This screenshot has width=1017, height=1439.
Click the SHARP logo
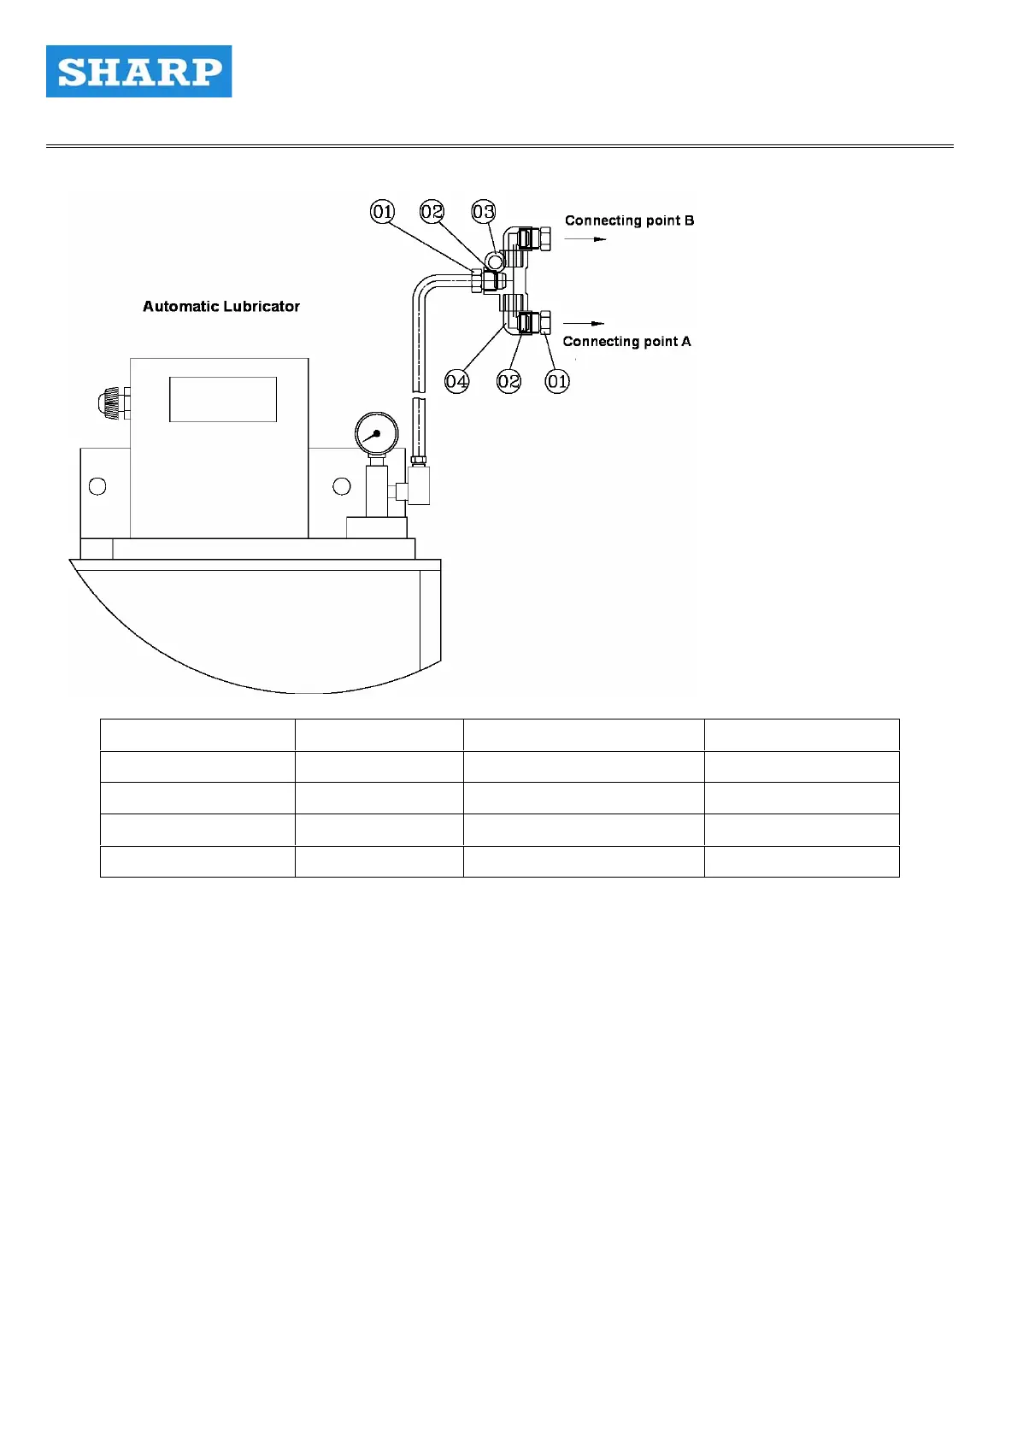click(x=138, y=72)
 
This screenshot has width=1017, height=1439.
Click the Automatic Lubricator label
click(x=221, y=306)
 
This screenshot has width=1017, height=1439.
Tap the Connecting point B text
click(x=629, y=220)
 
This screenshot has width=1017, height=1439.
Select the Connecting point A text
click(x=626, y=341)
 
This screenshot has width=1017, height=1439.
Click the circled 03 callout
click(x=484, y=211)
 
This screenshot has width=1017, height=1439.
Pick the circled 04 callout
click(x=457, y=381)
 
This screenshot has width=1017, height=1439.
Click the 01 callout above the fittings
click(x=382, y=211)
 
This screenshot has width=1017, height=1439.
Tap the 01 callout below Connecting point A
click(x=557, y=381)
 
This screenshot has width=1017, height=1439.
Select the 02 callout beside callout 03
click(x=432, y=211)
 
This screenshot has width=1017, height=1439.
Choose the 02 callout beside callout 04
click(x=508, y=381)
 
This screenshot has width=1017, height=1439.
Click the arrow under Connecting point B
click(x=585, y=239)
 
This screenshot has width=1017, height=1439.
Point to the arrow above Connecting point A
click(x=584, y=323)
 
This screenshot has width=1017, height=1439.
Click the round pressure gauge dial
click(x=376, y=434)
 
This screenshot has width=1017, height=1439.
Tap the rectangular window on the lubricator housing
click(x=223, y=399)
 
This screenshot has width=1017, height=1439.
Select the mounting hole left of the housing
click(x=97, y=486)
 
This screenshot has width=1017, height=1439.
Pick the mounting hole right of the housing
click(x=342, y=486)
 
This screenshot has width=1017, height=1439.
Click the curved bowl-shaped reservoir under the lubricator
click(x=256, y=624)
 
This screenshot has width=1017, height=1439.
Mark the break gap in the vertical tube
click(x=419, y=393)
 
